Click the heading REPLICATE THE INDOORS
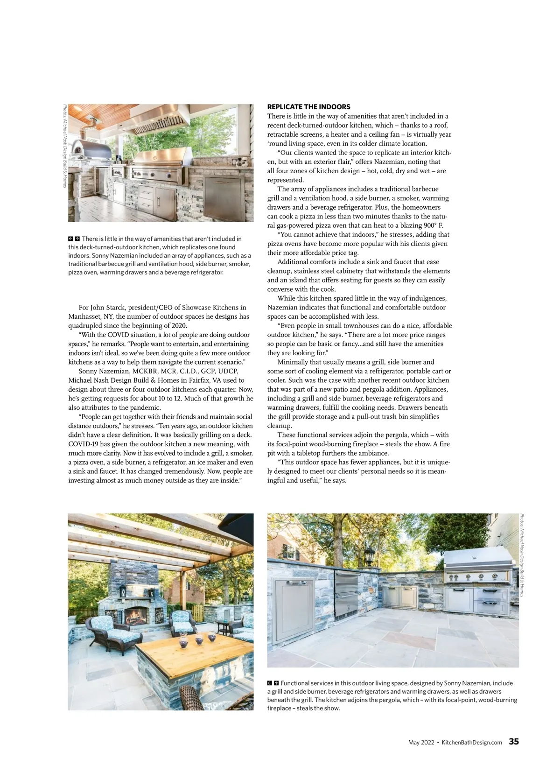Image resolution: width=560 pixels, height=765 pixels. pyautogui.click(x=308, y=107)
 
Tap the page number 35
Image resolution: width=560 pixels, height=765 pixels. pyautogui.click(x=513, y=742)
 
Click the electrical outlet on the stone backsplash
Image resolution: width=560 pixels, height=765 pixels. pyautogui.click(x=240, y=162)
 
